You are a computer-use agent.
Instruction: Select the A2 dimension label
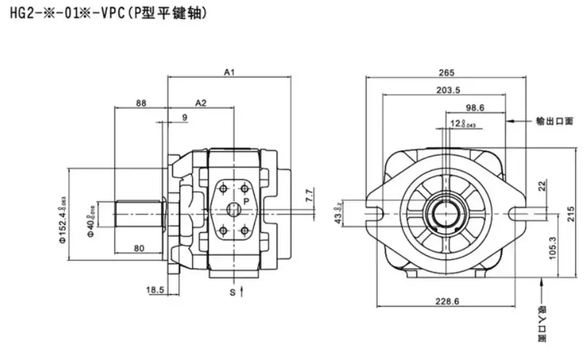pyautogui.click(x=201, y=102)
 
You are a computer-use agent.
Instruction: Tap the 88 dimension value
pyautogui.click(x=141, y=102)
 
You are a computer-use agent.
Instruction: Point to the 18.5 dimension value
pyautogui.click(x=154, y=290)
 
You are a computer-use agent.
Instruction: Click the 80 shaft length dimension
pyautogui.click(x=139, y=248)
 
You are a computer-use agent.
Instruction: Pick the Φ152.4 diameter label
pyautogui.click(x=61, y=219)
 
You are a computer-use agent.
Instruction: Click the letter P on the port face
pyautogui.click(x=245, y=200)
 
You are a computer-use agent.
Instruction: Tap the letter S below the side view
pyautogui.click(x=232, y=292)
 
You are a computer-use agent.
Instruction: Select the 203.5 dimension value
pyautogui.click(x=448, y=90)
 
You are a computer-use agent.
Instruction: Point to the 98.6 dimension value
pyautogui.click(x=476, y=107)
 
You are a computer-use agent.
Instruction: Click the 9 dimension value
pyautogui.click(x=184, y=118)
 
